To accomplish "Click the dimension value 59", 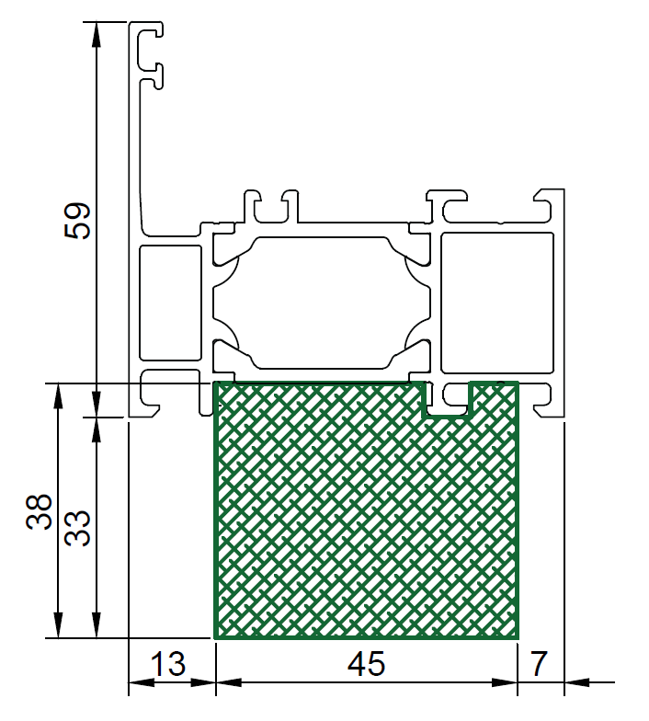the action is tap(77, 221).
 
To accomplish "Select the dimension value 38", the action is tap(40, 511).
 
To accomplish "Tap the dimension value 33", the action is tap(77, 528).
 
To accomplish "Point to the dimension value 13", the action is tap(168, 664).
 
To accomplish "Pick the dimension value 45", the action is tap(366, 664).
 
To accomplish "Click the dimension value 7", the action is tap(539, 664).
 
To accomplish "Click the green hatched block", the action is tap(366, 510).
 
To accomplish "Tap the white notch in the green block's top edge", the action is tap(447, 399).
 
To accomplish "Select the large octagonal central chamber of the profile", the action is tap(322, 303).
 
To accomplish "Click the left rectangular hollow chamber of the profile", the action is tap(171, 303).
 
